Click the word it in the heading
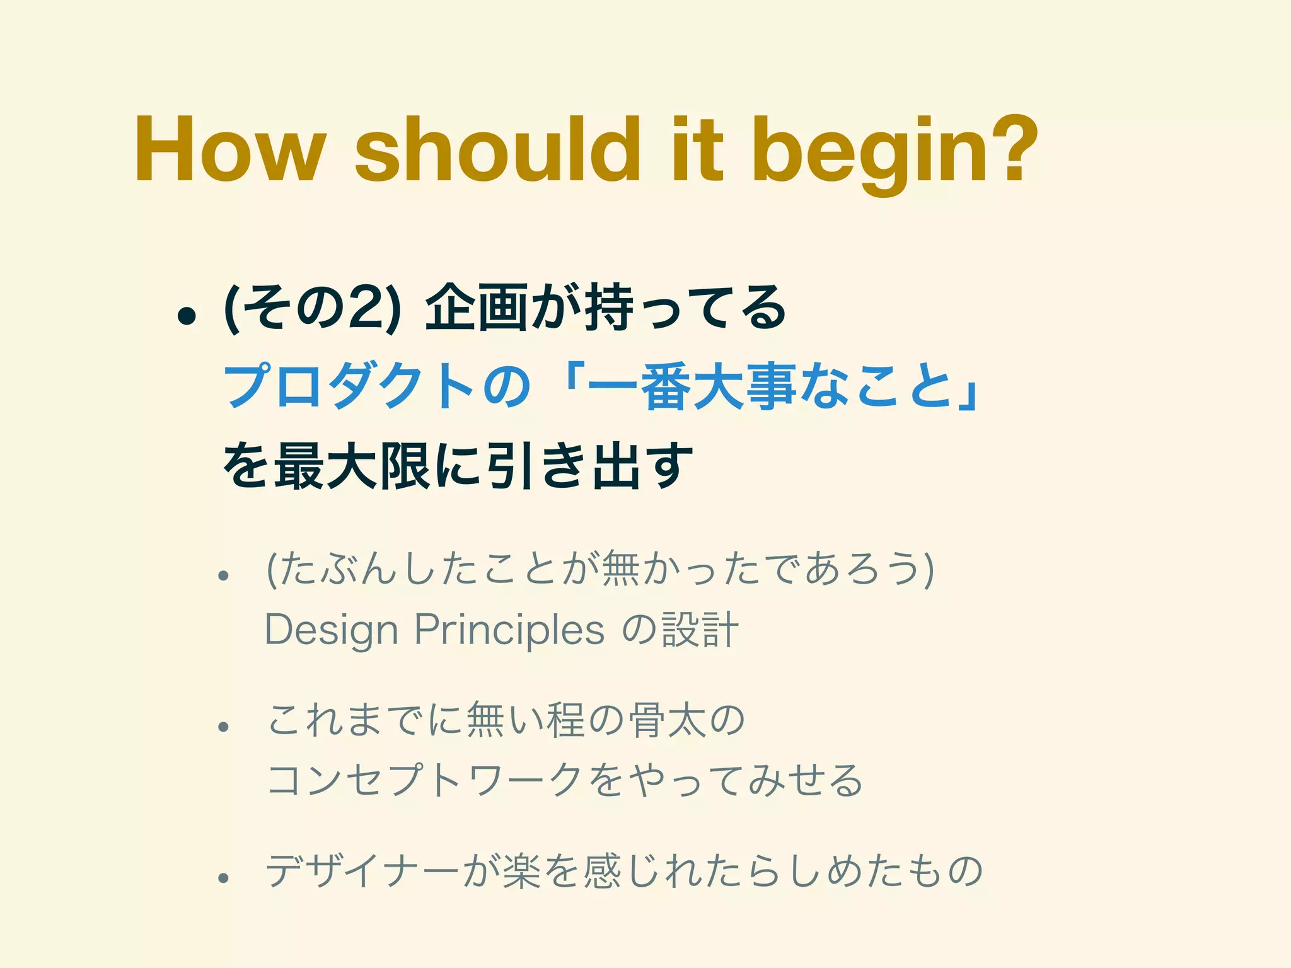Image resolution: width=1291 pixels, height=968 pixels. tap(697, 151)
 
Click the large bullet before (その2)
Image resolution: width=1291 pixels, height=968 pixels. tap(187, 315)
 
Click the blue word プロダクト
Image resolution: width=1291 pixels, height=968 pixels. tap(350, 386)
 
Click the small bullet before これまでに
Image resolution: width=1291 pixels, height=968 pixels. tap(223, 727)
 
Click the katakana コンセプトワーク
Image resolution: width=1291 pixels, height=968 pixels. tap(424, 780)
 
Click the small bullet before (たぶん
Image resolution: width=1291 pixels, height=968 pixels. tap(223, 575)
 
